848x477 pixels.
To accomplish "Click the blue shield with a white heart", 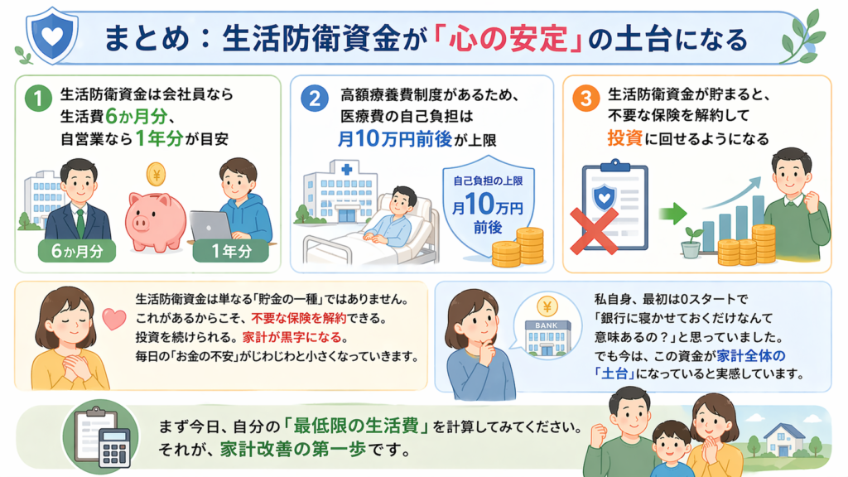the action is (x=52, y=35).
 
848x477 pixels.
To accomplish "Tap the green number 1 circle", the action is (x=38, y=98).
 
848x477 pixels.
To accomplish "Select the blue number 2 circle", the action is (x=314, y=98).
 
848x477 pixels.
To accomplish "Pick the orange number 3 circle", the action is (x=585, y=98).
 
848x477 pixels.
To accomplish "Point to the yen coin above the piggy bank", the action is (x=156, y=175).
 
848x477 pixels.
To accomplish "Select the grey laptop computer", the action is (x=211, y=227).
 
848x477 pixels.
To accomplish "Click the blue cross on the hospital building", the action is (x=347, y=169).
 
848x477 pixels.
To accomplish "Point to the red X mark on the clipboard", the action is (x=594, y=231).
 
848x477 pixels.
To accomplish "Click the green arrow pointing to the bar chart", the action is (x=672, y=213).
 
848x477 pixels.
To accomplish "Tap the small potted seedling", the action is (x=691, y=243).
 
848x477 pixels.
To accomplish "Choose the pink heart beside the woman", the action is (x=114, y=319).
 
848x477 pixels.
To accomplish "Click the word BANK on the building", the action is (x=547, y=325).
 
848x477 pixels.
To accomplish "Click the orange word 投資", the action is (x=624, y=138).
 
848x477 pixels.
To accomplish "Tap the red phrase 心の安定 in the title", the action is (x=508, y=40).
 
